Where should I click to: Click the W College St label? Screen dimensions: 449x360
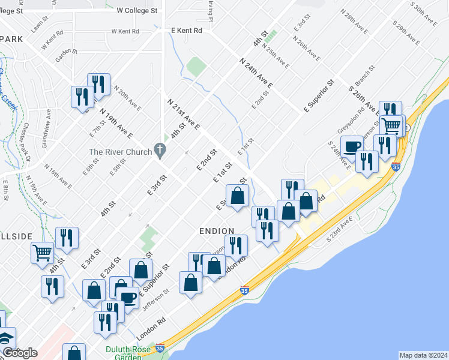tap(137, 10)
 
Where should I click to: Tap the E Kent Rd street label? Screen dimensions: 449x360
tap(186, 30)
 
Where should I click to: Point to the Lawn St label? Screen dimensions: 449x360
tap(40, 26)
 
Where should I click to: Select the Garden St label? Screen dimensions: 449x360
tap(63, 55)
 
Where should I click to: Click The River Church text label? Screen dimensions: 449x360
tap(120, 152)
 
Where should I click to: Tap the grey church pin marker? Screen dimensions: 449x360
tap(159, 149)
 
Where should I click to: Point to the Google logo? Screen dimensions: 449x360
tap(20, 353)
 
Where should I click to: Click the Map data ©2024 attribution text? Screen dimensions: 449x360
tap(423, 355)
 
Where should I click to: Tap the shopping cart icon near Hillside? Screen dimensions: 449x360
tap(42, 253)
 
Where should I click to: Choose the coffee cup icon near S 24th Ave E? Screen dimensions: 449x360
tap(352, 146)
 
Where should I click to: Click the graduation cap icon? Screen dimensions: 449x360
tap(6, 338)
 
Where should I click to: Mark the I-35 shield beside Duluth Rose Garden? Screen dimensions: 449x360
tap(160, 347)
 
